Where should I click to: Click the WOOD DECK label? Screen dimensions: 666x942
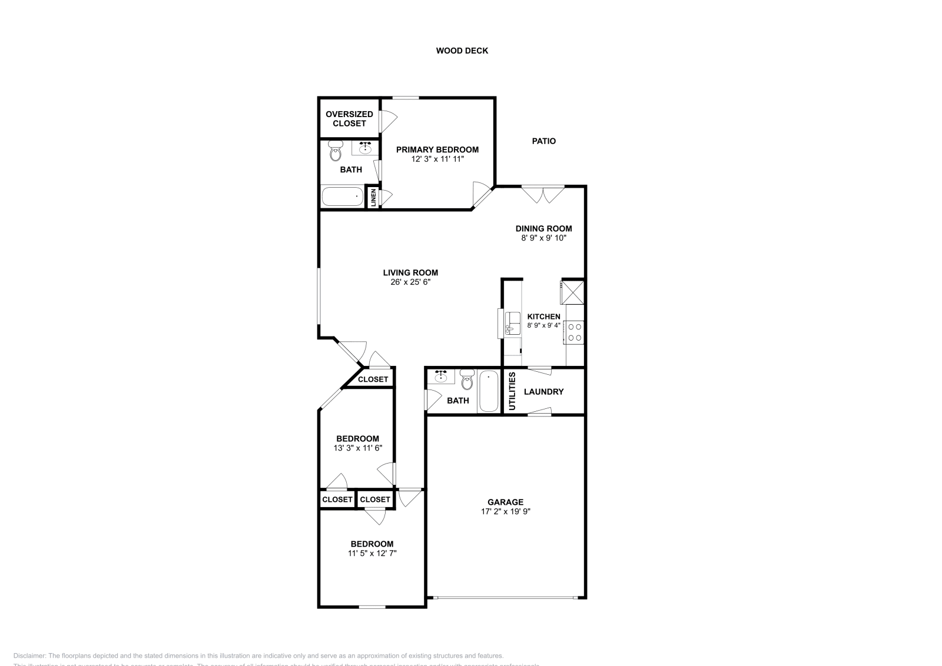pyautogui.click(x=462, y=51)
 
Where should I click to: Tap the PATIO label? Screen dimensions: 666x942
pyautogui.click(x=543, y=141)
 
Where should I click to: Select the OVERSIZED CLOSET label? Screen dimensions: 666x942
pyautogui.click(x=349, y=119)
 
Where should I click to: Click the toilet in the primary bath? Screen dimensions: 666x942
pyautogui.click(x=336, y=151)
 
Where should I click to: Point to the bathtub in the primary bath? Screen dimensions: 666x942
pyautogui.click(x=343, y=197)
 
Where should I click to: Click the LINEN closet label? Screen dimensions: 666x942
pyautogui.click(x=373, y=197)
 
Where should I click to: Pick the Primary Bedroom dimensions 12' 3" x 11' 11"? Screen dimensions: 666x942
pyautogui.click(x=437, y=159)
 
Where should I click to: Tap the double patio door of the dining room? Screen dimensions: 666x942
pyautogui.click(x=543, y=194)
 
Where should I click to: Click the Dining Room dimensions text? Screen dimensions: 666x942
pyautogui.click(x=543, y=238)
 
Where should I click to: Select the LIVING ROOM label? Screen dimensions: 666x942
pyautogui.click(x=410, y=272)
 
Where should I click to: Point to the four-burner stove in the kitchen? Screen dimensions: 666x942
pyautogui.click(x=575, y=332)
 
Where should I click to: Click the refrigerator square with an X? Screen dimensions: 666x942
pyautogui.click(x=572, y=291)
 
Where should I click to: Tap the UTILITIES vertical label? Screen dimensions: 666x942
pyautogui.click(x=512, y=391)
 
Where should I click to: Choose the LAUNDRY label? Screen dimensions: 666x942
pyautogui.click(x=543, y=392)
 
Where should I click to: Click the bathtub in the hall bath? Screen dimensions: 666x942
pyautogui.click(x=489, y=391)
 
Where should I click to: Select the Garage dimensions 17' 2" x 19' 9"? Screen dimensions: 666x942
pyautogui.click(x=505, y=511)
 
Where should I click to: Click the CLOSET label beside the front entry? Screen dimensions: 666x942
pyautogui.click(x=373, y=379)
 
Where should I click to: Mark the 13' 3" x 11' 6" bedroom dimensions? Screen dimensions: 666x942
pyautogui.click(x=357, y=448)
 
